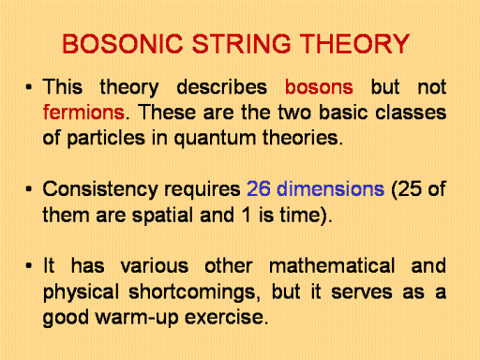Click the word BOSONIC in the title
(x=123, y=44)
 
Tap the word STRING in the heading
(x=242, y=44)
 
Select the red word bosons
(x=319, y=87)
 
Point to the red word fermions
(x=83, y=112)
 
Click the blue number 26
(x=259, y=189)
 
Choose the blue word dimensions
(x=331, y=189)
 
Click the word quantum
(x=215, y=139)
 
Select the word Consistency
(x=100, y=190)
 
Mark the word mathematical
(x=332, y=266)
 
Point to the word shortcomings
(x=194, y=293)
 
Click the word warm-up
(x=137, y=318)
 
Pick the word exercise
(x=226, y=317)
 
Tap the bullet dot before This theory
(x=29, y=87)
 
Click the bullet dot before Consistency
(x=29, y=189)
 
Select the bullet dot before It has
(x=29, y=266)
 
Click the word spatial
(x=162, y=217)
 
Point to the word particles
(x=106, y=139)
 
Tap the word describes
(x=221, y=87)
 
